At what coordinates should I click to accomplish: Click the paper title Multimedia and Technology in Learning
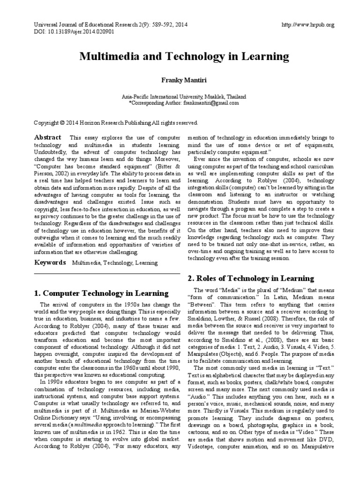pos(184,57)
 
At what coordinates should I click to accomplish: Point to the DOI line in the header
pos(75,32)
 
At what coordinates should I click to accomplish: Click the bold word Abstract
pos(48,137)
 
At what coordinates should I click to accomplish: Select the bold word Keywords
pos(50,263)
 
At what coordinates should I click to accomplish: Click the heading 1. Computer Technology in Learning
pos(101,294)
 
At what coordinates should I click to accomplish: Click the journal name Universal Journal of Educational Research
pos(83,25)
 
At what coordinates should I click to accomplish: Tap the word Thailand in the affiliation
pos(236,97)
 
